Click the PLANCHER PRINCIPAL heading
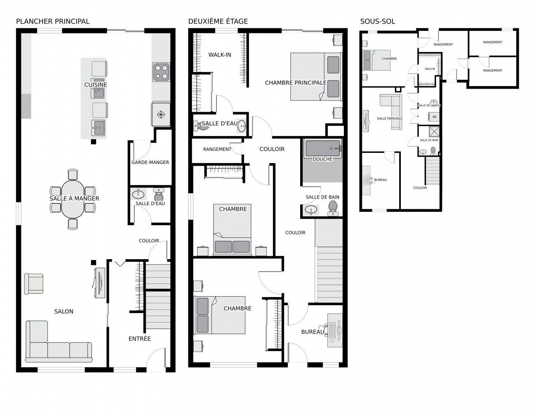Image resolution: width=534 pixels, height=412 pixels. pyautogui.click(x=53, y=21)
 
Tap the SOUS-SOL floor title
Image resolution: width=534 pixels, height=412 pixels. pyautogui.click(x=377, y=21)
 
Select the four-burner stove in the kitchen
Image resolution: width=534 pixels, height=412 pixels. pyautogui.click(x=161, y=72)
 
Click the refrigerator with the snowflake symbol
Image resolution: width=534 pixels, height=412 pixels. pyautogui.click(x=161, y=115)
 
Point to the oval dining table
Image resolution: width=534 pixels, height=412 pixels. pyautogui.click(x=73, y=199)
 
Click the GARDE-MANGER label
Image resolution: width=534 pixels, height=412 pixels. pyautogui.click(x=150, y=162)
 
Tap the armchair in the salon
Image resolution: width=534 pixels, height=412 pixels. pyautogui.click(x=34, y=284)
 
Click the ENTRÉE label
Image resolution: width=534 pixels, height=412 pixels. pyautogui.click(x=139, y=339)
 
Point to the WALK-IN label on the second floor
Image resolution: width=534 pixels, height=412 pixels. pyautogui.click(x=220, y=55)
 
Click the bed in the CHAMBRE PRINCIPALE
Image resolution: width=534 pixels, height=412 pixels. pyautogui.click(x=316, y=77)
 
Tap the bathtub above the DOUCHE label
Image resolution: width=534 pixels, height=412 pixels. pyautogui.click(x=322, y=149)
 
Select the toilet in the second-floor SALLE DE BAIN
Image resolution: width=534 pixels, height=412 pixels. pyautogui.click(x=333, y=208)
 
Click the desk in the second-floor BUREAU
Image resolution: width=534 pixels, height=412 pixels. pyautogui.click(x=335, y=330)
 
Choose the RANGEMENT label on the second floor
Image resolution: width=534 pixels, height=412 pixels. pyautogui.click(x=217, y=149)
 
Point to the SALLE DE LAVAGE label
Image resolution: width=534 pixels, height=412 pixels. pyautogui.click(x=429, y=105)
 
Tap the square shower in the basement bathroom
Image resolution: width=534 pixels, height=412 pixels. pyautogui.click(x=434, y=131)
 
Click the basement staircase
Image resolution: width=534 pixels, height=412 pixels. pyautogui.click(x=433, y=171)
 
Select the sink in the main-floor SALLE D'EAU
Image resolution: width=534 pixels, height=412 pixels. pyautogui.click(x=138, y=194)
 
